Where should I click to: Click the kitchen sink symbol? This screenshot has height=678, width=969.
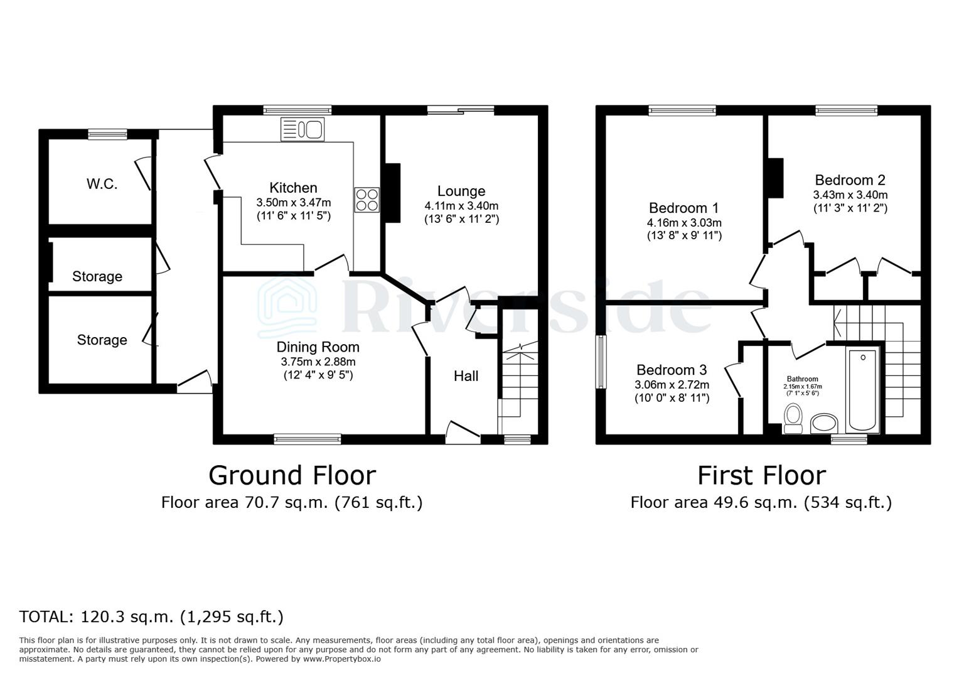(302, 129)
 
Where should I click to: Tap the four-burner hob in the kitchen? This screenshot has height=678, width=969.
(367, 200)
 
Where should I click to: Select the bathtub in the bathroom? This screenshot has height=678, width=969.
(863, 389)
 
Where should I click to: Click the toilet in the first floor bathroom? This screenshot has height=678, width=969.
(793, 419)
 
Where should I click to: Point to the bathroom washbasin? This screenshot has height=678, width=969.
(824, 424)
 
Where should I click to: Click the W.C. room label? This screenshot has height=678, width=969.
(102, 184)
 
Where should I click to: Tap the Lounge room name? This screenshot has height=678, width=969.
(461, 191)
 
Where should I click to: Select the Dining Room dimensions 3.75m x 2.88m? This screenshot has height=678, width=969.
(318, 362)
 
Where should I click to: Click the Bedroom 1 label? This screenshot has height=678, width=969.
(683, 208)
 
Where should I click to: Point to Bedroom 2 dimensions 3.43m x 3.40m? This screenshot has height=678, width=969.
(850, 195)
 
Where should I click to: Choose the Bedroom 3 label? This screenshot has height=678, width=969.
(671, 370)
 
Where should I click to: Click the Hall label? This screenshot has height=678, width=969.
(466, 375)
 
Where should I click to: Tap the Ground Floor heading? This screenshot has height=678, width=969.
(292, 475)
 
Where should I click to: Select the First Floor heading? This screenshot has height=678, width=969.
(761, 475)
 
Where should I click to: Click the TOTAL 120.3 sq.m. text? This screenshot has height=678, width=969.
(151, 616)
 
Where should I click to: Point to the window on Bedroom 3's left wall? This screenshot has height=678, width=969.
(601, 362)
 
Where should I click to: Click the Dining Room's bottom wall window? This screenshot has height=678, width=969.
(308, 439)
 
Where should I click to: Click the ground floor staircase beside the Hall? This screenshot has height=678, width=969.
(519, 383)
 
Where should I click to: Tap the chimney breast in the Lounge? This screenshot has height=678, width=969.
(392, 193)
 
